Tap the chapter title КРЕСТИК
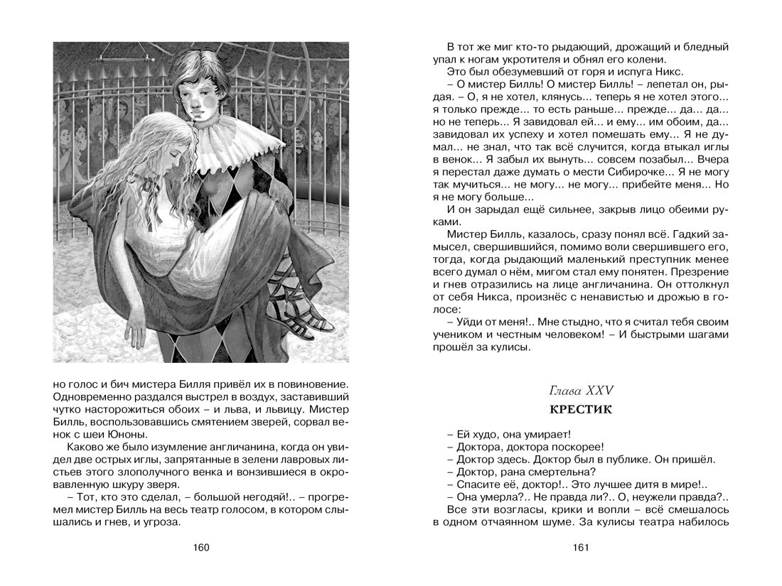coord(582,410)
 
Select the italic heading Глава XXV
coord(582,390)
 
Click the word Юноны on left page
coord(125,434)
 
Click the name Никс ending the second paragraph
coord(668,72)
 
